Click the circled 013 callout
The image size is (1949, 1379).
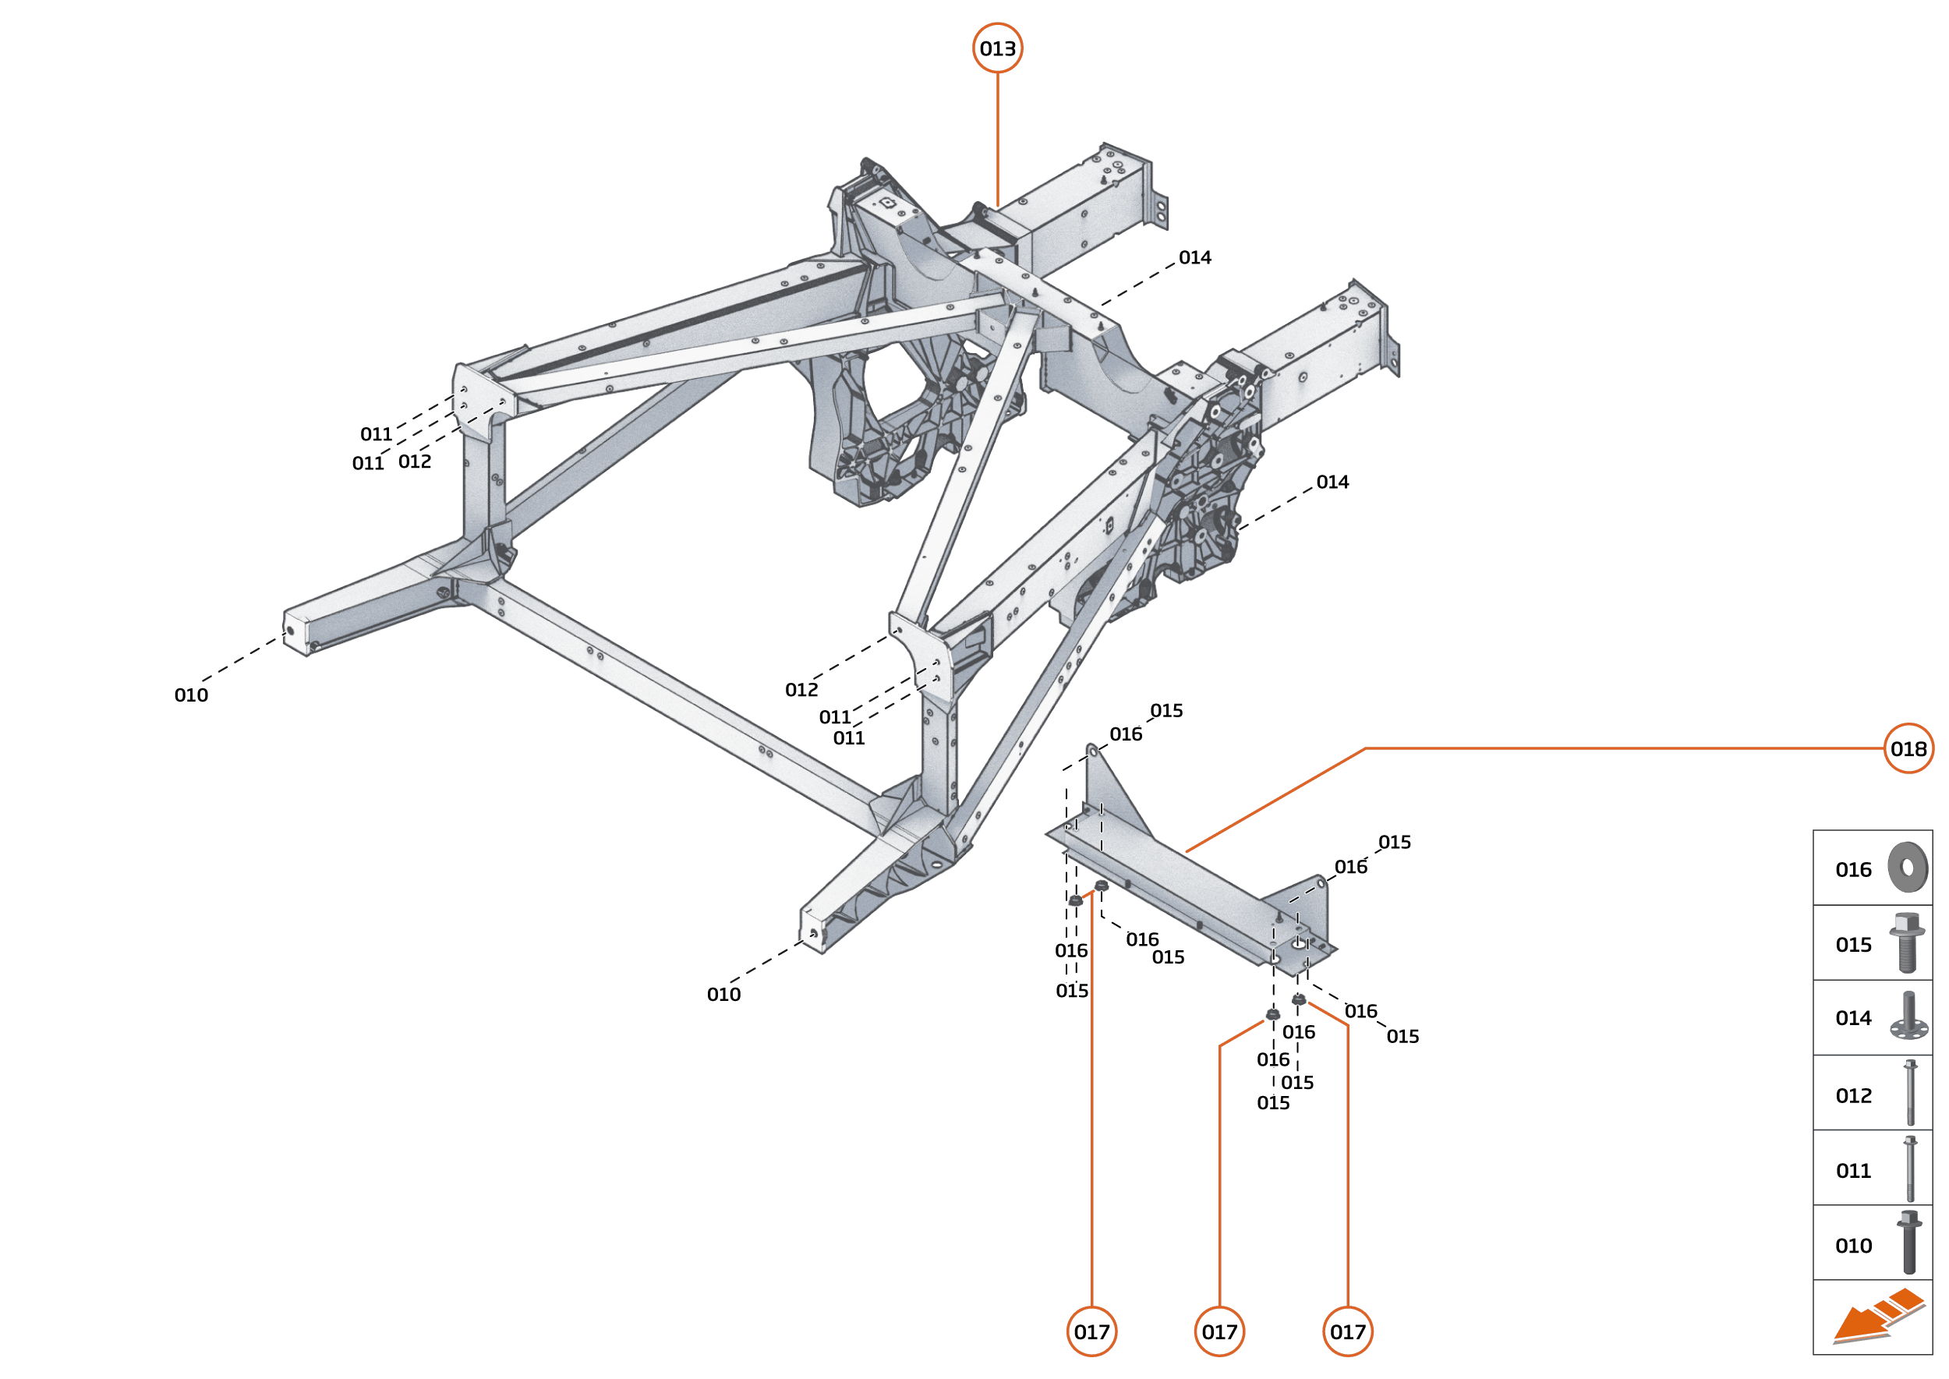[x=997, y=48]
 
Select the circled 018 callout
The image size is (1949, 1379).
[x=1908, y=748]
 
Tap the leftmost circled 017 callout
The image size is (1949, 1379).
[x=1091, y=1331]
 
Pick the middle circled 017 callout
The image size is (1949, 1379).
[x=1219, y=1331]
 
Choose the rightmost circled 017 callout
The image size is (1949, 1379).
[x=1348, y=1331]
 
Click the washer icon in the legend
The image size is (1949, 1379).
[x=1908, y=867]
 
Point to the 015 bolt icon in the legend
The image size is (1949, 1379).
[x=1907, y=942]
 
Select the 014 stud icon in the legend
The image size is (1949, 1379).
[x=1908, y=1017]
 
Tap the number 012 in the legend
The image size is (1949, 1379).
[x=1853, y=1095]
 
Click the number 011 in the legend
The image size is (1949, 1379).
[x=1853, y=1171]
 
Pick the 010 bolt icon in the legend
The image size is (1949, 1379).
[x=1908, y=1243]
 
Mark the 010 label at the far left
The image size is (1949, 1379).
[x=191, y=695]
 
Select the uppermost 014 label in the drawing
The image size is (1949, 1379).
[x=1195, y=257]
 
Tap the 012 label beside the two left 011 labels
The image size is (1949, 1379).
[x=415, y=461]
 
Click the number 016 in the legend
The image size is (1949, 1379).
[x=1853, y=869]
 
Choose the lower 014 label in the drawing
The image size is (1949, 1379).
[x=1332, y=483]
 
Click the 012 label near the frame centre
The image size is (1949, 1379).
[x=801, y=689]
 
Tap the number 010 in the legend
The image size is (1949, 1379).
[x=1853, y=1246]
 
